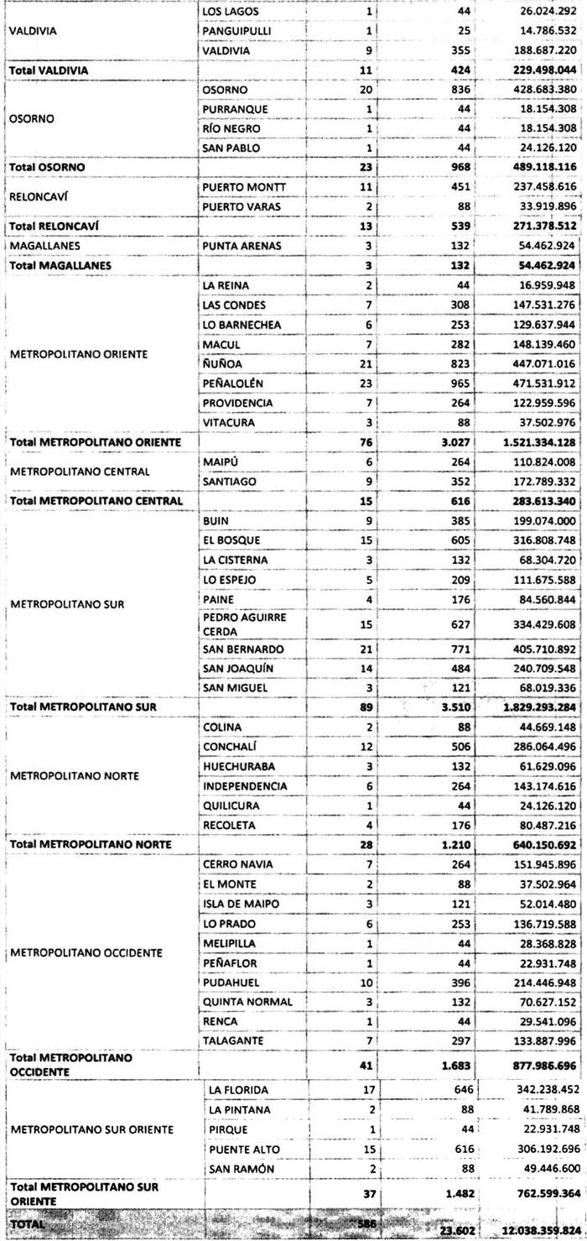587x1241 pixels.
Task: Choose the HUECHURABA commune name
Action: (x=240, y=765)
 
